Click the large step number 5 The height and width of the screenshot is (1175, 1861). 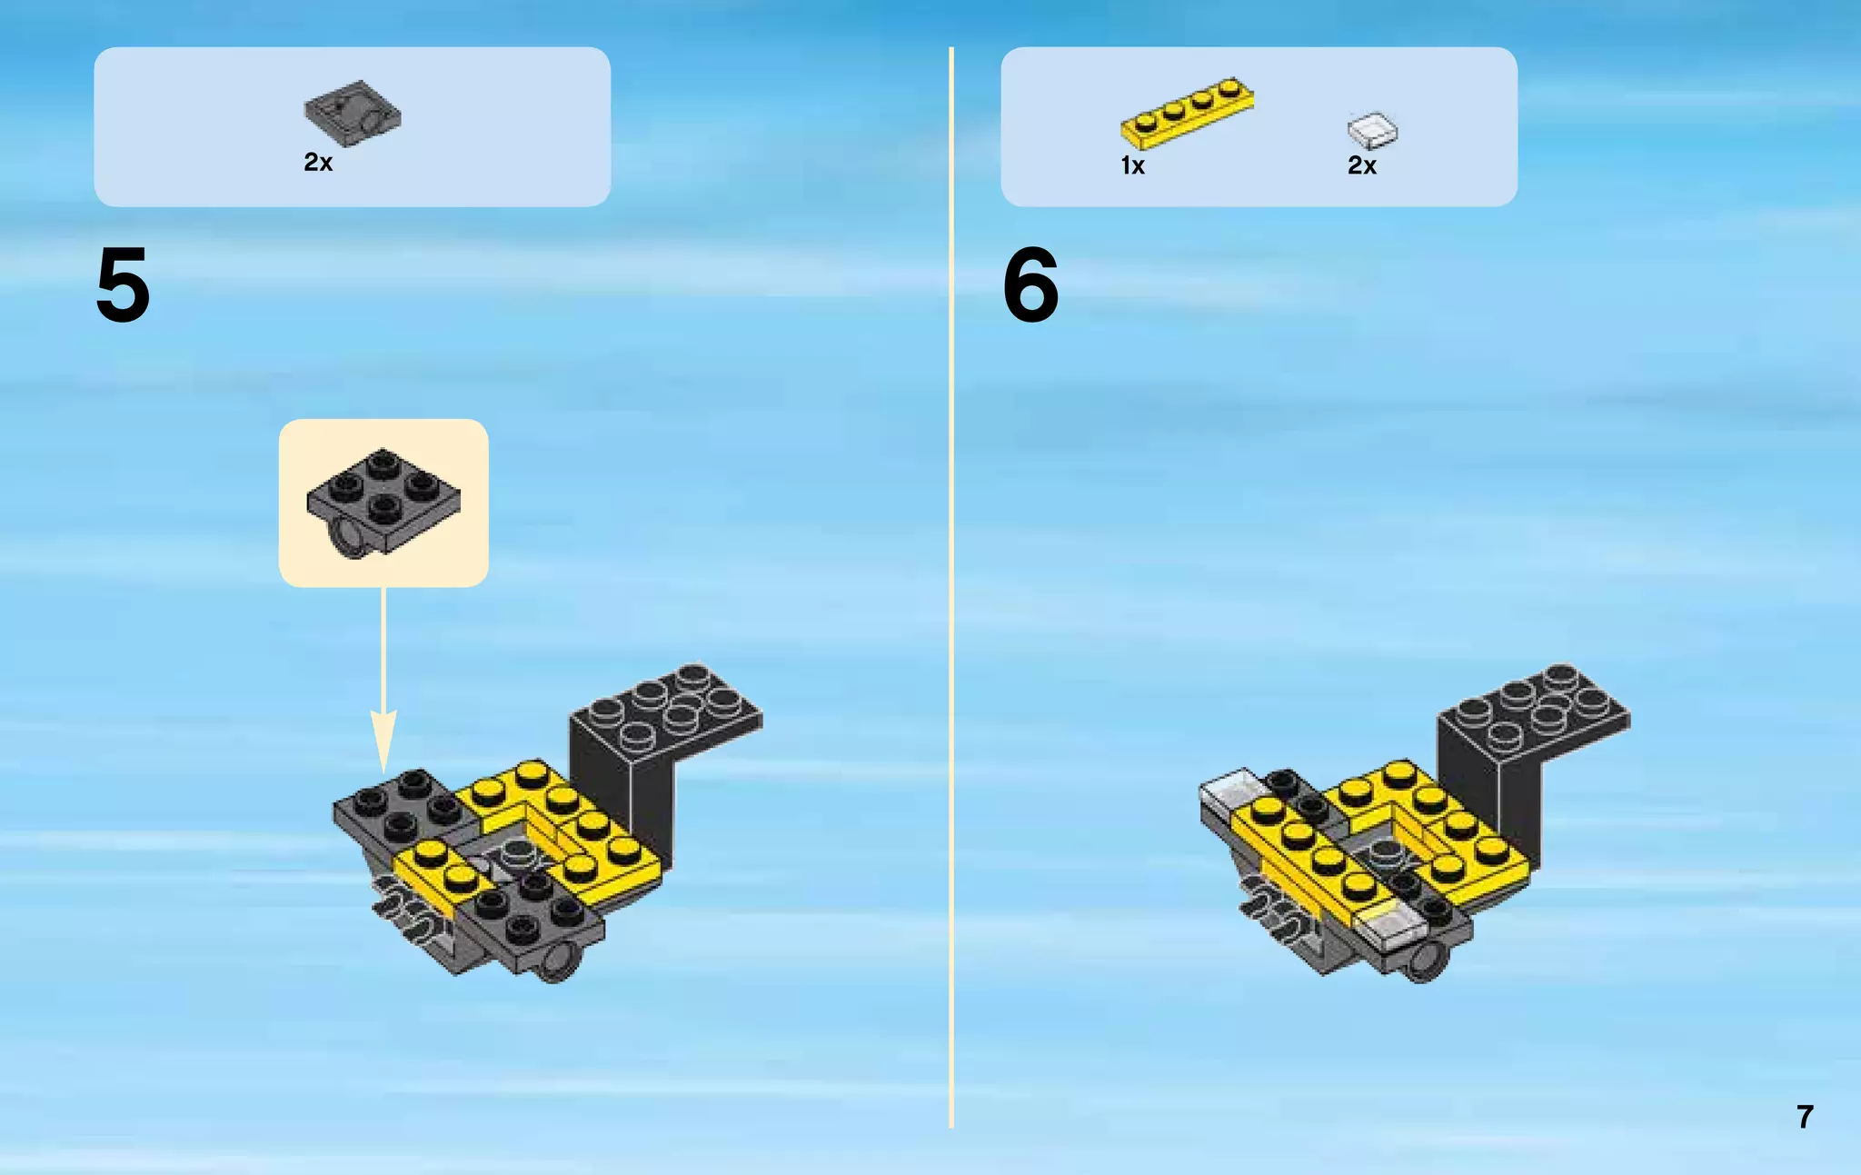(x=123, y=285)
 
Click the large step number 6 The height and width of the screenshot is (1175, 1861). (x=1030, y=285)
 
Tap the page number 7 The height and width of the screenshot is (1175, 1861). (x=1805, y=1117)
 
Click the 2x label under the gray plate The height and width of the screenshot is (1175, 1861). (x=318, y=163)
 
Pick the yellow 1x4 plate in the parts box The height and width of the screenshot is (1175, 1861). (x=1187, y=113)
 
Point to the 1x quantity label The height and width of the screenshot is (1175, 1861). (x=1132, y=165)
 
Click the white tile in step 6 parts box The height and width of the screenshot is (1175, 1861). (x=1372, y=130)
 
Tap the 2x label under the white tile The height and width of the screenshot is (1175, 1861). (x=1362, y=165)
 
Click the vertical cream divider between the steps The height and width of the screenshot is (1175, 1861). (x=951, y=587)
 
